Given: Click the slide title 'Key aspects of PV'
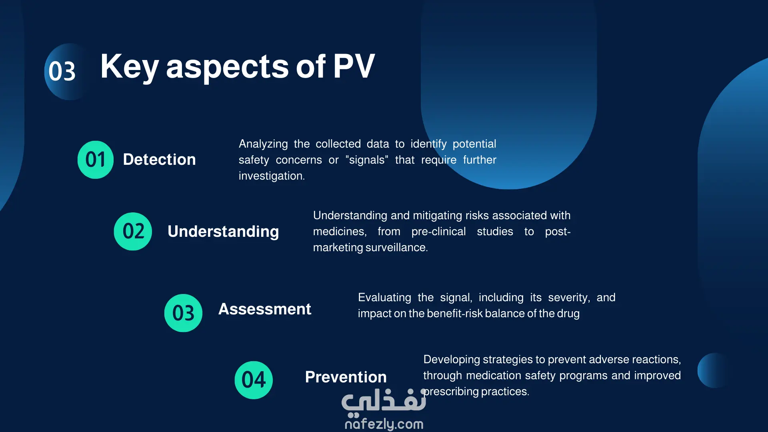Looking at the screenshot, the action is tap(238, 67).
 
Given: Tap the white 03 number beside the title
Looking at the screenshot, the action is tap(62, 72).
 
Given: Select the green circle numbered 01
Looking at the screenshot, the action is tap(96, 160).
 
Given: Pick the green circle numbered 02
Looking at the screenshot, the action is tap(133, 231).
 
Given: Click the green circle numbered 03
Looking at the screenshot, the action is tap(183, 313).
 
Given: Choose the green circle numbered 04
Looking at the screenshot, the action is tap(254, 380).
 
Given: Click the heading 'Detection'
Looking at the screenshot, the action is tap(159, 160).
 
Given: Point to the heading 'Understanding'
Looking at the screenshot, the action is tap(223, 232).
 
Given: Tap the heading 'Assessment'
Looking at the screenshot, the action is tap(265, 309).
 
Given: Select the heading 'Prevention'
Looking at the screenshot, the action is tap(346, 377).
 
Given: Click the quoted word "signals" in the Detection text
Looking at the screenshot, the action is tap(367, 160).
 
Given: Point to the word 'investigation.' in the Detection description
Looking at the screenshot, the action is tap(272, 176).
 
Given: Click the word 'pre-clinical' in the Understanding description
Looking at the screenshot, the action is tap(438, 232).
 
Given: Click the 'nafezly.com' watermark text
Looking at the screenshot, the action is tap(384, 424).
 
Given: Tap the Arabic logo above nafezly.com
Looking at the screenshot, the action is tap(384, 401).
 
